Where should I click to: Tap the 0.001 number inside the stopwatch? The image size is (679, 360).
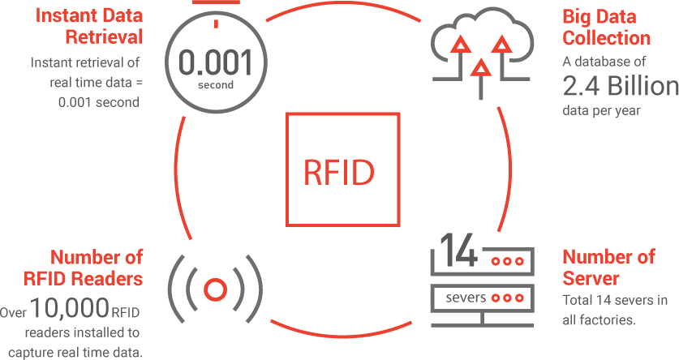coord(215,62)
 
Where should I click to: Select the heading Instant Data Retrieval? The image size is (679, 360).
coord(88,26)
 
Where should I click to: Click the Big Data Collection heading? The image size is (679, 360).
coord(606,27)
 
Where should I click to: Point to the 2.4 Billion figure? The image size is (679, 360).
coord(621,86)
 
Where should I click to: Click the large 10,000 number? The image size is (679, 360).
coord(70,306)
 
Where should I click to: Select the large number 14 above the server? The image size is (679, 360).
coord(459,250)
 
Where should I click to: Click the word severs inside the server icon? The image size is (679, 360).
coord(466,298)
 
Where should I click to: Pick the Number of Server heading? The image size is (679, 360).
coord(608,268)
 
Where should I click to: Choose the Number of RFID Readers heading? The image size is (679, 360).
coord(83,268)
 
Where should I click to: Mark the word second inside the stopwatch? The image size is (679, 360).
coord(216,85)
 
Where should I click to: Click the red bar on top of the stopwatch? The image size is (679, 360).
coord(216,2)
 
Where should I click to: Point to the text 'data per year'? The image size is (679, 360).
coord(601,111)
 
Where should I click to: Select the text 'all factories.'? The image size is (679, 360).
coord(599,320)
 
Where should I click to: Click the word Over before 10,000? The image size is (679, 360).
coord(13,312)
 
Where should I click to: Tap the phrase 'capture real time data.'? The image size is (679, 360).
coord(75,352)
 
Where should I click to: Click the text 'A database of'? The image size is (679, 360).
coord(604,62)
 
